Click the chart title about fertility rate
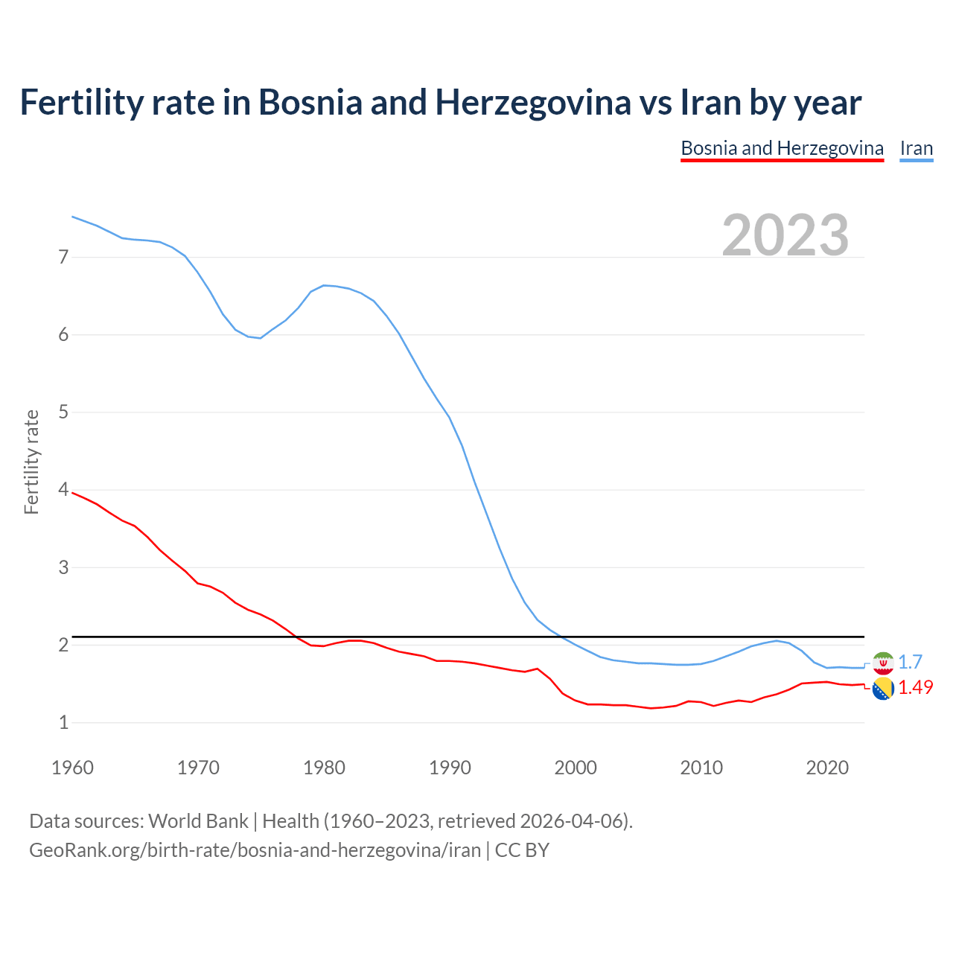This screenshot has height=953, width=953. pyautogui.click(x=440, y=102)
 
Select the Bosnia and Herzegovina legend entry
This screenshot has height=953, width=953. pyautogui.click(x=782, y=148)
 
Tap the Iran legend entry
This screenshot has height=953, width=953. pyautogui.click(x=916, y=148)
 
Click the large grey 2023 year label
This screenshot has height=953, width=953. pyautogui.click(x=785, y=235)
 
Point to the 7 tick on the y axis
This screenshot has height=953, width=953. pyautogui.click(x=63, y=258)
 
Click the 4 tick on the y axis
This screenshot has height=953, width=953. pyautogui.click(x=63, y=490)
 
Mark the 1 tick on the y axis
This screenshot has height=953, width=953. pyautogui.click(x=63, y=722)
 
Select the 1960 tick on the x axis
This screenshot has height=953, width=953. pyautogui.click(x=72, y=768)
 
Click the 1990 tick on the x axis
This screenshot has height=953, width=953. pyautogui.click(x=450, y=768)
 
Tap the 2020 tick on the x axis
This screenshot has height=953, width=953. pyautogui.click(x=826, y=768)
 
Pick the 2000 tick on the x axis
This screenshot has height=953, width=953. pyautogui.click(x=576, y=768)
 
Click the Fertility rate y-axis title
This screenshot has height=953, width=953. pyautogui.click(x=31, y=462)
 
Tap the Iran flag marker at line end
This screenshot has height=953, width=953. pyautogui.click(x=883, y=663)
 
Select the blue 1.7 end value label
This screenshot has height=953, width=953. pyautogui.click(x=910, y=662)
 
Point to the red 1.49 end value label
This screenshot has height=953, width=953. pyautogui.click(x=915, y=687)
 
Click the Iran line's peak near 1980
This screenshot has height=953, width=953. pyautogui.click(x=324, y=285)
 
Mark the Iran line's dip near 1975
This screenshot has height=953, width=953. pyautogui.click(x=260, y=338)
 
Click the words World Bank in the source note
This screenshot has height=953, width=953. pyautogui.click(x=198, y=820)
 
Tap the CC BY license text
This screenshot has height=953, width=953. pyautogui.click(x=522, y=850)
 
